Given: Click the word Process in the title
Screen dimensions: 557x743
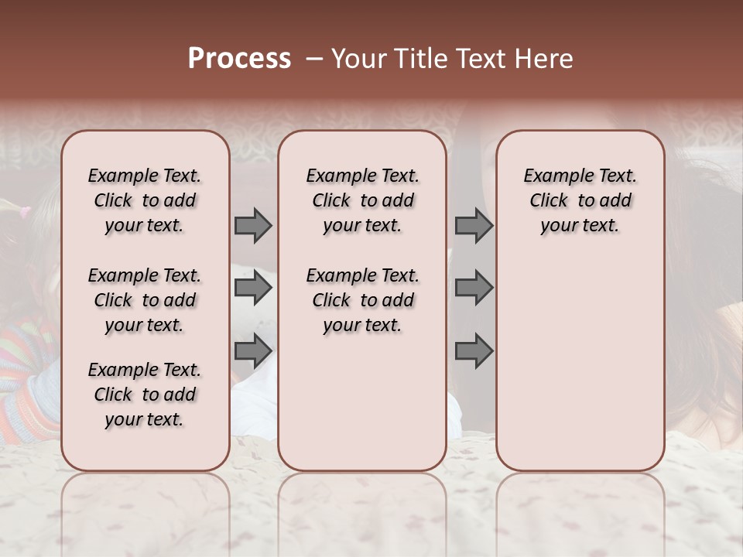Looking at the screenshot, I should (x=239, y=59).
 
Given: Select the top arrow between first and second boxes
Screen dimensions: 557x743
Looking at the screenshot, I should (x=253, y=226).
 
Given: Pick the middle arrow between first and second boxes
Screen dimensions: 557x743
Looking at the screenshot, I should (x=253, y=289).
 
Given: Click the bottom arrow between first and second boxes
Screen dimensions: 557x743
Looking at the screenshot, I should (x=253, y=352).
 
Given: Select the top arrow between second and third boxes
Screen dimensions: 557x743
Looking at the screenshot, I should (x=474, y=226).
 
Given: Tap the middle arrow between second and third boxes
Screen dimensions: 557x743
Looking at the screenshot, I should (x=474, y=289).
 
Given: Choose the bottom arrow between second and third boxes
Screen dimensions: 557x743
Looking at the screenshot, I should (x=474, y=352).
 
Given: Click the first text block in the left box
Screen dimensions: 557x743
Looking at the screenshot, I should (x=145, y=200).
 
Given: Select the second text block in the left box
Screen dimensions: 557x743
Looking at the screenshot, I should (x=145, y=300).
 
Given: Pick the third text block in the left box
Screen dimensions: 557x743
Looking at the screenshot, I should (x=145, y=395).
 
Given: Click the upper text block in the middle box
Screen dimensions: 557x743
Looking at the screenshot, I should (x=362, y=200).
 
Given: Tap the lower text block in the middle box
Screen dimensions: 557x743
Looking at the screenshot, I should (x=362, y=300).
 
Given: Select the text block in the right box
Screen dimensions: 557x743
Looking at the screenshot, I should (x=580, y=200).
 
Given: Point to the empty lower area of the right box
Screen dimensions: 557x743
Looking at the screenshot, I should (x=580, y=364).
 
